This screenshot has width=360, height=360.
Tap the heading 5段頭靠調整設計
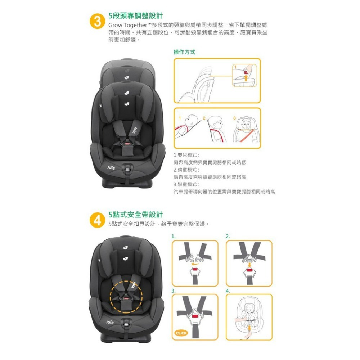(135, 16)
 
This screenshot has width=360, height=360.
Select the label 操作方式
(184, 52)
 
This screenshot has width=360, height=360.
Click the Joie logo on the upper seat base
(110, 167)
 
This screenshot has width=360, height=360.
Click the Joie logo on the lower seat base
(109, 322)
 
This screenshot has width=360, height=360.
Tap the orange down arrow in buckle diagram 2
(249, 265)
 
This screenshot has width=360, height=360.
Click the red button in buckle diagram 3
(195, 316)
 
